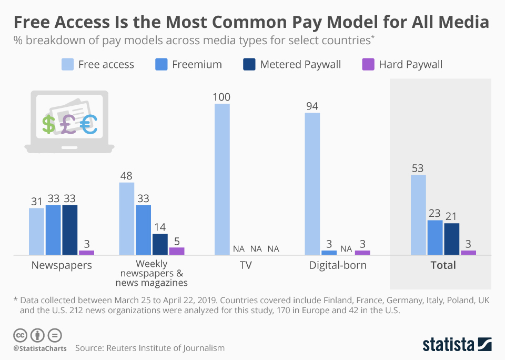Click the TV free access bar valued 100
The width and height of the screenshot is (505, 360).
222,179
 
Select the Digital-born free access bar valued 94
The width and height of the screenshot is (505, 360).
312,184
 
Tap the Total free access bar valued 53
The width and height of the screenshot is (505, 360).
418,215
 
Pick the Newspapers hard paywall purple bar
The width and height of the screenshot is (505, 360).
87,253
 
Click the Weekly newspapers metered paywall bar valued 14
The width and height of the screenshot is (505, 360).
160,244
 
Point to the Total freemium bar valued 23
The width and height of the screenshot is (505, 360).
435,237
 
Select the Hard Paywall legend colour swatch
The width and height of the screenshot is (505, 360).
368,64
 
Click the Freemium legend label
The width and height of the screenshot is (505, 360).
197,64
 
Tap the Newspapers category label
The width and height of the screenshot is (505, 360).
61,265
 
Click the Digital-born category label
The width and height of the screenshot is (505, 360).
338,265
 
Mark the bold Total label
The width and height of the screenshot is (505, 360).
443,265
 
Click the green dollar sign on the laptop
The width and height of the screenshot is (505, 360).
49,125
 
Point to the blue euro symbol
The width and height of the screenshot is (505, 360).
89,124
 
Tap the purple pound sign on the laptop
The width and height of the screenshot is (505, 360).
68,125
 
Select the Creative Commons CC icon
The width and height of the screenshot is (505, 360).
20,335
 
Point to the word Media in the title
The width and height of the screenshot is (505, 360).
459,23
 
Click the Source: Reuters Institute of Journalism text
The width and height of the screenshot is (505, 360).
150,348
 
